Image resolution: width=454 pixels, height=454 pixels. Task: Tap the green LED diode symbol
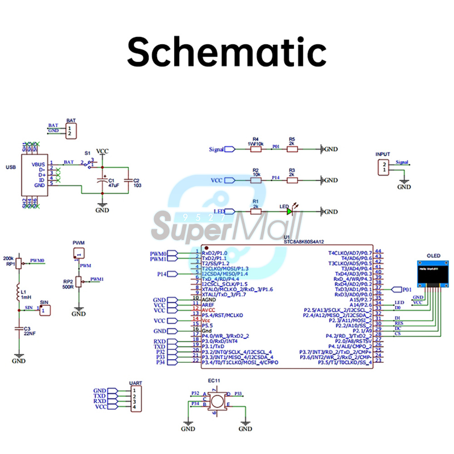pos(289,212)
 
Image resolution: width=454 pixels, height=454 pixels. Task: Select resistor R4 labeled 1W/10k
pos(256,149)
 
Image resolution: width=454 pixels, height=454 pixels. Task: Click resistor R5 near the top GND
pos(292,149)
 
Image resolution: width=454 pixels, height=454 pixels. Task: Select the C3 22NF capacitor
pos(19,328)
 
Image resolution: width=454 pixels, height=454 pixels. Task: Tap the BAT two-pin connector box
pos(70,132)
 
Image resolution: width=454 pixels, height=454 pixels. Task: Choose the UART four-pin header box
pos(134,399)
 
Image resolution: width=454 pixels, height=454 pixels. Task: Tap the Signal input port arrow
pos(229,149)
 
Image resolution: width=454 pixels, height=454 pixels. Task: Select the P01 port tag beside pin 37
pos(396,289)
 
